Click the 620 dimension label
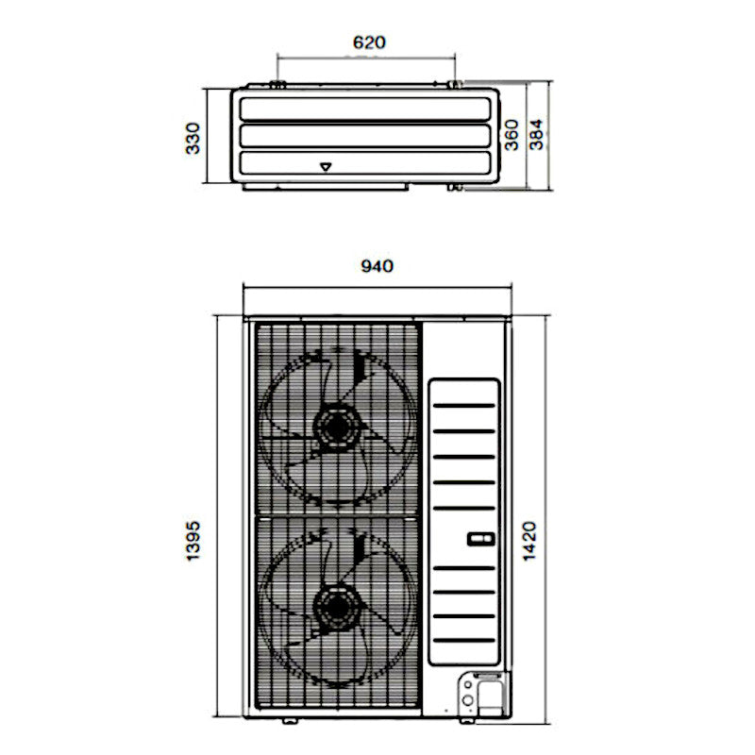[x=369, y=42]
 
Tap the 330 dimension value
[x=193, y=138]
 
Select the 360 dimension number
[x=512, y=135]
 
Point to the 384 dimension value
[x=536, y=134]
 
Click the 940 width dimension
[x=377, y=266]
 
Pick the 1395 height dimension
[x=193, y=540]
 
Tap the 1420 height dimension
[x=529, y=541]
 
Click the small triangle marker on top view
[x=326, y=167]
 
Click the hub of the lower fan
[x=337, y=607]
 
